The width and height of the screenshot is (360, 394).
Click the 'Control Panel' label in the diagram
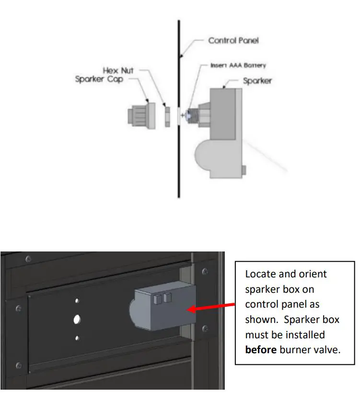pyautogui.click(x=233, y=40)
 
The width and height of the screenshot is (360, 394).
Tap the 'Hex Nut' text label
pyautogui.click(x=117, y=71)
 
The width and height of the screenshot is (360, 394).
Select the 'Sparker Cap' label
pyautogui.click(x=99, y=79)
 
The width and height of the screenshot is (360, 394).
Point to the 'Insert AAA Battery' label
pyautogui.click(x=239, y=65)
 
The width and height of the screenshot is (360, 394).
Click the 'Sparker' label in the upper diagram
pyautogui.click(x=257, y=81)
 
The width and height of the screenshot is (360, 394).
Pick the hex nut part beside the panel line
pyautogui.click(x=166, y=116)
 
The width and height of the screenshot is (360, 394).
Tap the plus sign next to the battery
pyautogui.click(x=183, y=116)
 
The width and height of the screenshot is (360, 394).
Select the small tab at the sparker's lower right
pyautogui.click(x=244, y=170)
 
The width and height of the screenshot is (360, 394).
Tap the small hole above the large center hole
pyautogui.click(x=77, y=301)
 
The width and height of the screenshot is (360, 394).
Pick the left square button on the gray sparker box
pyautogui.click(x=157, y=299)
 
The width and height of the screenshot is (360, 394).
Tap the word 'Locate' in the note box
pyautogui.click(x=261, y=274)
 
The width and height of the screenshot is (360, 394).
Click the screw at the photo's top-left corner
pyautogui.click(x=29, y=259)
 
